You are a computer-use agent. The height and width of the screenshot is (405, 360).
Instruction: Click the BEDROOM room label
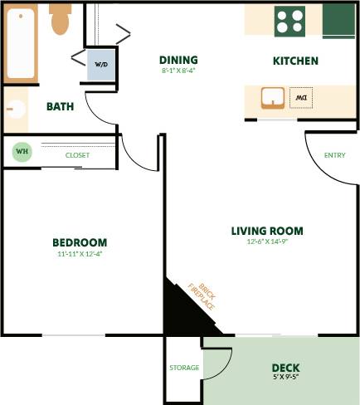(80, 242)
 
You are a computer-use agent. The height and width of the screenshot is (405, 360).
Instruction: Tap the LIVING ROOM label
(267, 231)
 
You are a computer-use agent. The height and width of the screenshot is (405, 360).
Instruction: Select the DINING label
(178, 60)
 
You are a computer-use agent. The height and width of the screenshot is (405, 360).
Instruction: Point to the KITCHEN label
(295, 61)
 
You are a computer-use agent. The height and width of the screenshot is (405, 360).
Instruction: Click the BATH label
(60, 106)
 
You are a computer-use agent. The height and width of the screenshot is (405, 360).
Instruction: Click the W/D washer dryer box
(101, 64)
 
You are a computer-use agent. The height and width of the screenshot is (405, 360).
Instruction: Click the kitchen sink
(273, 98)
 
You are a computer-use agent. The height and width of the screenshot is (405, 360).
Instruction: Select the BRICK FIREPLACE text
(202, 294)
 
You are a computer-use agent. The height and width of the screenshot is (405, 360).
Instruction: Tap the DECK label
(285, 368)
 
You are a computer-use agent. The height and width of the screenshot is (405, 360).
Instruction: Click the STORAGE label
(183, 368)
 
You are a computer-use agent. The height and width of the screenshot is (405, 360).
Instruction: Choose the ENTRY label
(335, 155)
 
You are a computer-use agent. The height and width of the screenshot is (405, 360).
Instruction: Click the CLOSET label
(77, 155)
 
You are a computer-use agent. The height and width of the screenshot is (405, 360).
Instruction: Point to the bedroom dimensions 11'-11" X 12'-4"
(80, 255)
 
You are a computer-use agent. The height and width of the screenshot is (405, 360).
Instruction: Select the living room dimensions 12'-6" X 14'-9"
(267, 243)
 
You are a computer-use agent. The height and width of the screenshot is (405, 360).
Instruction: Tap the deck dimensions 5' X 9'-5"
(285, 378)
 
